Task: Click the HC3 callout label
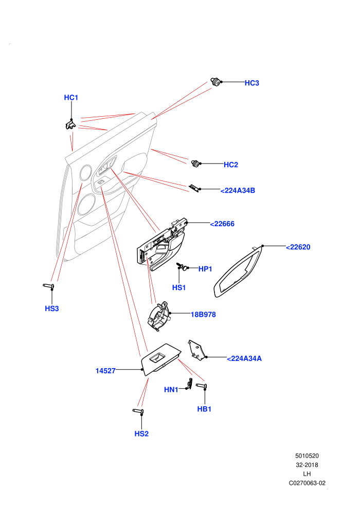click(x=251, y=83)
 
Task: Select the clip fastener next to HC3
click(x=215, y=82)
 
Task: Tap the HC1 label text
click(x=71, y=98)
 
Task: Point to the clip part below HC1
click(x=70, y=124)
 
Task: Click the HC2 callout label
click(x=231, y=165)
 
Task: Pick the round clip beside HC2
click(x=195, y=163)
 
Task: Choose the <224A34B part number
click(x=238, y=191)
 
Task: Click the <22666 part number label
click(x=222, y=224)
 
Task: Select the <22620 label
click(x=298, y=247)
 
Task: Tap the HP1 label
click(x=205, y=269)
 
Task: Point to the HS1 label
click(x=179, y=287)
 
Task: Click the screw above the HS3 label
click(x=49, y=286)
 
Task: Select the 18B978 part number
click(x=203, y=315)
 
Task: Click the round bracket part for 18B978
click(x=158, y=316)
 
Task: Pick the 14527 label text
click(x=105, y=371)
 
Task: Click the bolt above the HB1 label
click(x=202, y=386)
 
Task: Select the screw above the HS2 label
click(x=138, y=412)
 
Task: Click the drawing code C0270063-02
click(x=307, y=483)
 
